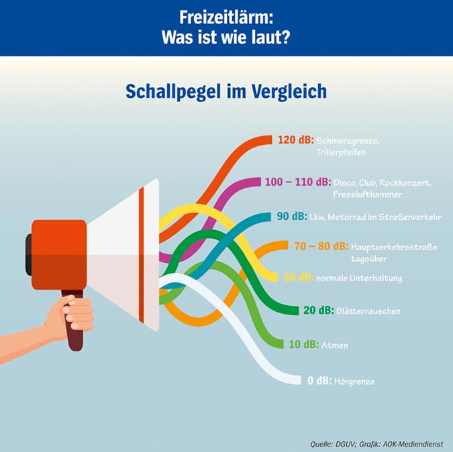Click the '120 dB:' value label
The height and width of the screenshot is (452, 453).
pos(295,140)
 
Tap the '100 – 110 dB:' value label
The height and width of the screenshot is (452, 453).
pos(297,182)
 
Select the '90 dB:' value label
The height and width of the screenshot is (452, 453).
pos(291,217)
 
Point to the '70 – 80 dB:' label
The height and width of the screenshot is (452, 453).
pos(321,246)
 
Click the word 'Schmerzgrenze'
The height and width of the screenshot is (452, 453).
pos(348,142)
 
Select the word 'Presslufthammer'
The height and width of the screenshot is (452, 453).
pos(367,194)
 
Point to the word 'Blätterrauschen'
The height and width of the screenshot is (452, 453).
pos(369,311)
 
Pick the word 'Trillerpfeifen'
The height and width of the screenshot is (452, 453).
pos(341,153)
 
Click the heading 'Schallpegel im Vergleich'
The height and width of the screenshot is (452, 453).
pos(226,91)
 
